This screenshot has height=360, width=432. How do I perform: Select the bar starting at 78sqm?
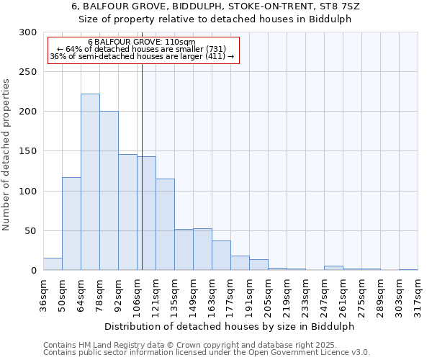pyautogui.click(x=109, y=191)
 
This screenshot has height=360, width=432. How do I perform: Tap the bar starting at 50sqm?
pyautogui.click(x=71, y=224)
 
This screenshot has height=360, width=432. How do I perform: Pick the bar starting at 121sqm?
pyautogui.click(x=165, y=225)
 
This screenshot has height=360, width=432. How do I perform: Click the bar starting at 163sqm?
pyautogui.click(x=221, y=256)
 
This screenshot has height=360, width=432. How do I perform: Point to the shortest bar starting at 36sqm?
pyautogui.click(x=53, y=264)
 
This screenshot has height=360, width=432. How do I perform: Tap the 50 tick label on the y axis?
pyautogui.click(x=31, y=231)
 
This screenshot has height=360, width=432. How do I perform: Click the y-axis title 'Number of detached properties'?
pyautogui.click(x=6, y=155)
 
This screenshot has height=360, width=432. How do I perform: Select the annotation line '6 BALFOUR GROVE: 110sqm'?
pyautogui.click(x=141, y=42)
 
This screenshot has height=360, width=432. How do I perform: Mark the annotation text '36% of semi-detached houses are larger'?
pyautogui.click(x=142, y=57)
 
